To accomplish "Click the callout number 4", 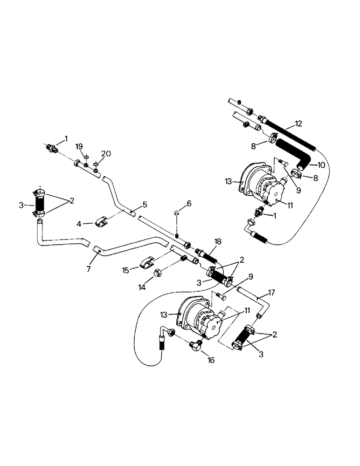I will pyautogui.click(x=79, y=224).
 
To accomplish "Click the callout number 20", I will pyautogui.click(x=106, y=153).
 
